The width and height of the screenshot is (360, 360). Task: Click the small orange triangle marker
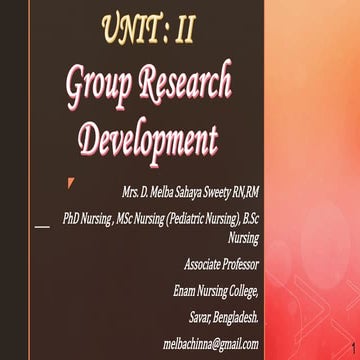[70, 182]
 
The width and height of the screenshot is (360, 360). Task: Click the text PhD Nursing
[88, 215]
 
